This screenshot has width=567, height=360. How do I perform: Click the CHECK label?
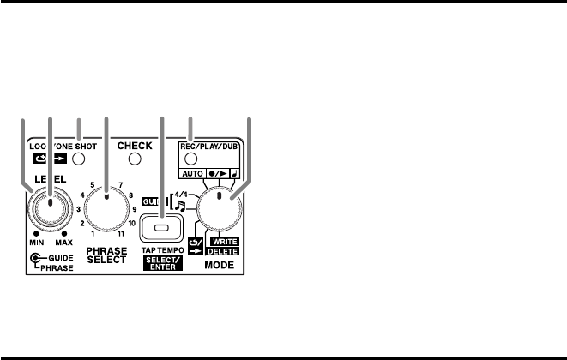point(135,146)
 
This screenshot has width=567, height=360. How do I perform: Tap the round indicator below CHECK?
point(135,159)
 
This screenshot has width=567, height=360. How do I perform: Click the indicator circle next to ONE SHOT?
point(79,159)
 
